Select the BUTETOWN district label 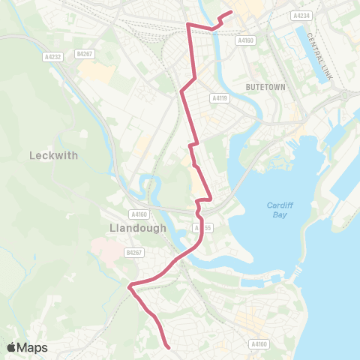coord(266,88)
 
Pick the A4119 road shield coord(219,97)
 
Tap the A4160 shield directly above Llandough coord(136,213)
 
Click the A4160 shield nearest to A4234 coord(244,42)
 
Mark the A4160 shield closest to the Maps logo coord(258,344)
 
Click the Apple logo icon coord(12,347)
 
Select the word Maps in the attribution coord(32,347)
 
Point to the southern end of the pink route coord(167,346)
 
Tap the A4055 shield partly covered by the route coord(199,227)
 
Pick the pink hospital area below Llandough coord(105,249)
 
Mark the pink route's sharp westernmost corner coord(130,286)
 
